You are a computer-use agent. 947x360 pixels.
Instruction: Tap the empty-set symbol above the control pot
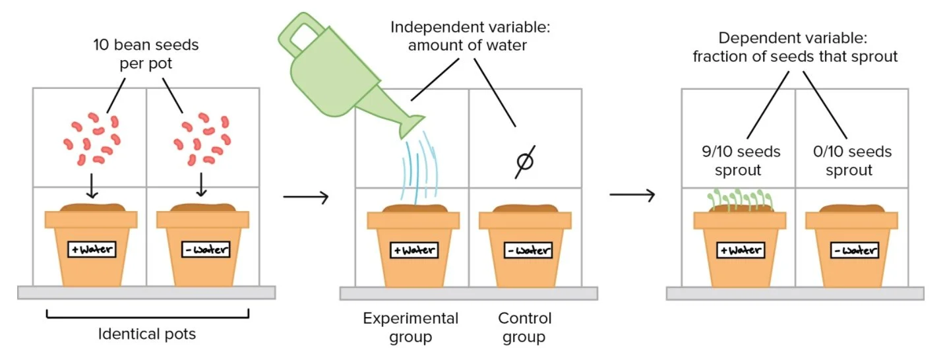pos(525,161)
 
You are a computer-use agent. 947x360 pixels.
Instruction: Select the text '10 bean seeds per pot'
pos(146,55)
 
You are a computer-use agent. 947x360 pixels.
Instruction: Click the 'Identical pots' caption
pos(147,334)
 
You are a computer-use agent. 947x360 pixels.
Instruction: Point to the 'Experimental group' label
pos(410,328)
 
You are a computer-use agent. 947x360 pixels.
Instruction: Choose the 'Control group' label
pos(525,328)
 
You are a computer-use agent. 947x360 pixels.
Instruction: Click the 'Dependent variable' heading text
pos(795,47)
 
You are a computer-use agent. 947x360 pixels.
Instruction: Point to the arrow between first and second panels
pos(305,197)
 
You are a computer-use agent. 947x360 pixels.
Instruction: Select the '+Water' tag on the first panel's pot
pos(92,250)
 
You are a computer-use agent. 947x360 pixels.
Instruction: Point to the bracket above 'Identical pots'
pos(147,315)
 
